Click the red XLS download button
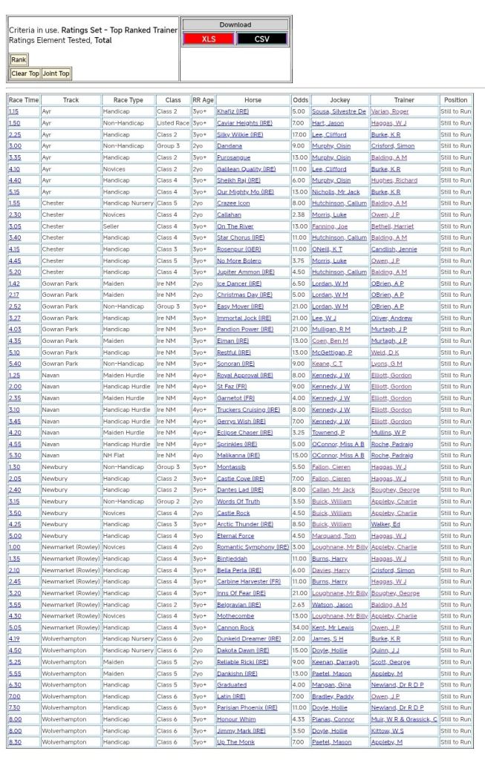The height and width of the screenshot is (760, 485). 208,39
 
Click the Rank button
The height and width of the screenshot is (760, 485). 19,59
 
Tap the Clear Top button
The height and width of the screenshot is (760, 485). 25,73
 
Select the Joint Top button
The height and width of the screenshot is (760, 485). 56,73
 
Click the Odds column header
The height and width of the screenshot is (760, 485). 300,100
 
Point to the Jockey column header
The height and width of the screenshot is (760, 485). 339,100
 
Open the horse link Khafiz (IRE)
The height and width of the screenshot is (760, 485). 232,111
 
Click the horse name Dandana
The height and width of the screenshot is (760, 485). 230,146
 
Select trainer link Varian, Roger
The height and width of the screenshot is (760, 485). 390,111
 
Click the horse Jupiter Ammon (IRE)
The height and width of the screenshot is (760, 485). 245,272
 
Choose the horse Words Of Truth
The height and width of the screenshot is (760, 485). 238,502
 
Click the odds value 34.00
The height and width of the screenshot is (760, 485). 299,628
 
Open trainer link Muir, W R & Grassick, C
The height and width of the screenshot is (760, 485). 404,719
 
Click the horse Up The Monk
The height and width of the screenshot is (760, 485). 235,742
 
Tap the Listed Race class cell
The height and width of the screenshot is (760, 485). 173,123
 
